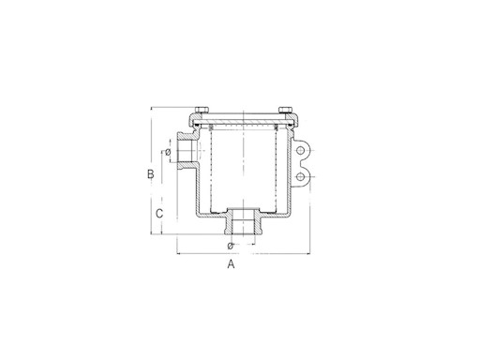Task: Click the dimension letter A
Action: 231,264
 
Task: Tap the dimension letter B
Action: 151,173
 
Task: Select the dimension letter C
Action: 159,214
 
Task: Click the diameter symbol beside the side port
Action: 168,152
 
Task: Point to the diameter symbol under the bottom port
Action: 231,246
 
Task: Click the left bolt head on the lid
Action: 202,110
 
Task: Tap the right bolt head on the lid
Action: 286,110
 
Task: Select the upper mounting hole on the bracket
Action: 301,151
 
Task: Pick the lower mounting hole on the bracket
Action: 301,177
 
